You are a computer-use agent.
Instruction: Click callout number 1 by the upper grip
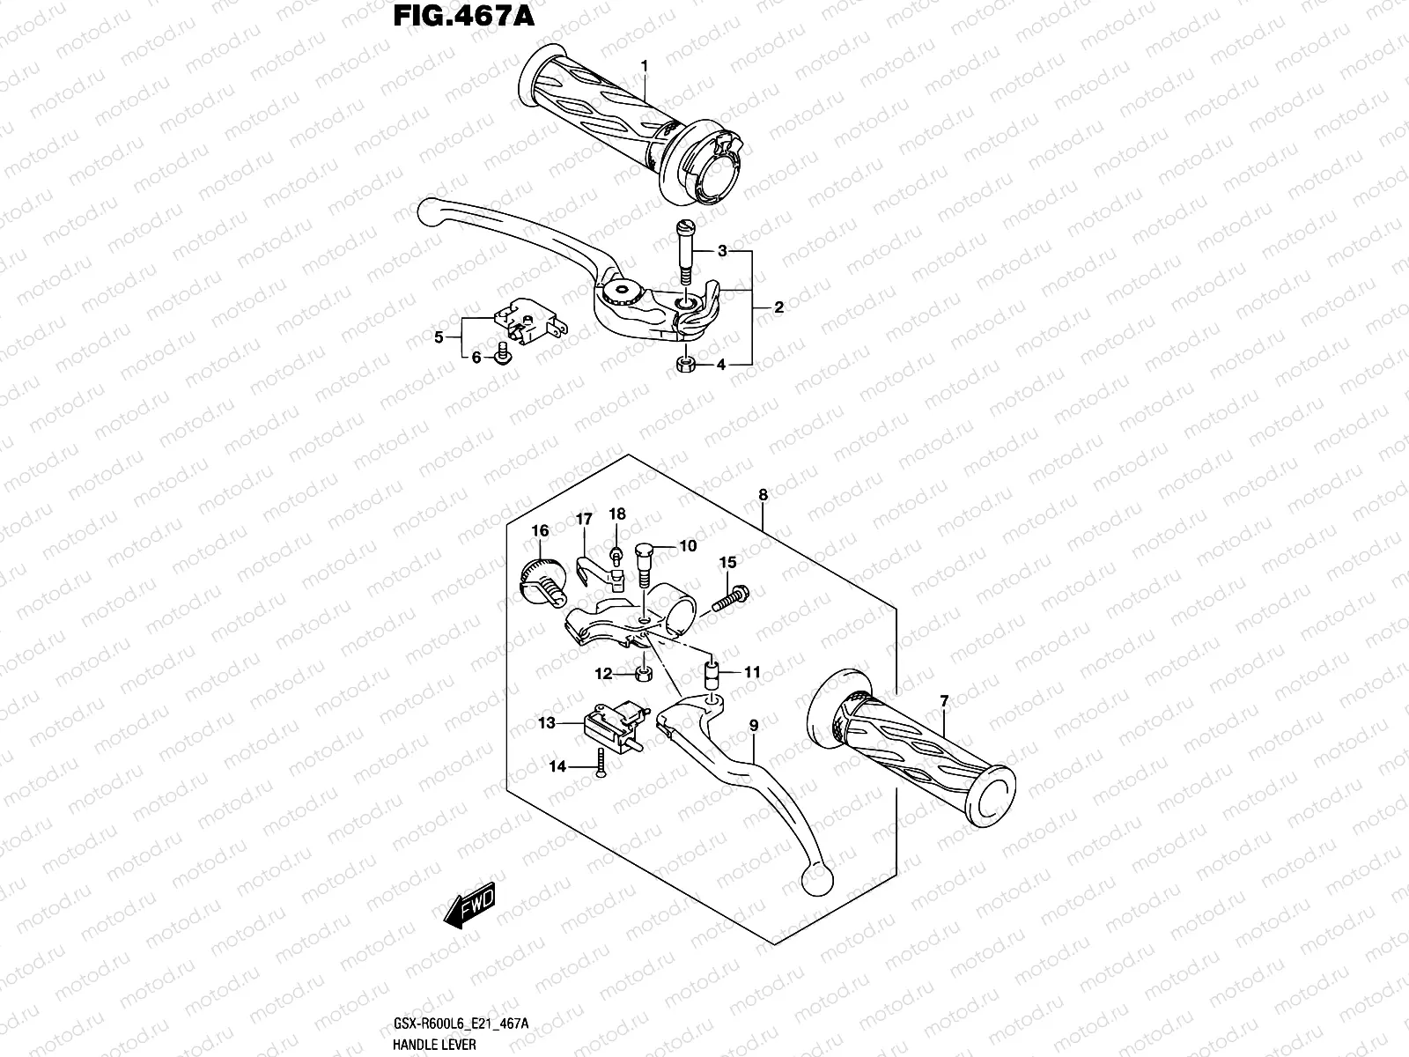pos(645,66)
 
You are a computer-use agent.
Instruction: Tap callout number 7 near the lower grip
pos(944,702)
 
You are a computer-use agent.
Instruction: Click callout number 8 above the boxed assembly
pos(763,495)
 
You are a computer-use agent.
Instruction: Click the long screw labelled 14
pos(598,760)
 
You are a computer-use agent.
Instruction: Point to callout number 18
pos(616,514)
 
